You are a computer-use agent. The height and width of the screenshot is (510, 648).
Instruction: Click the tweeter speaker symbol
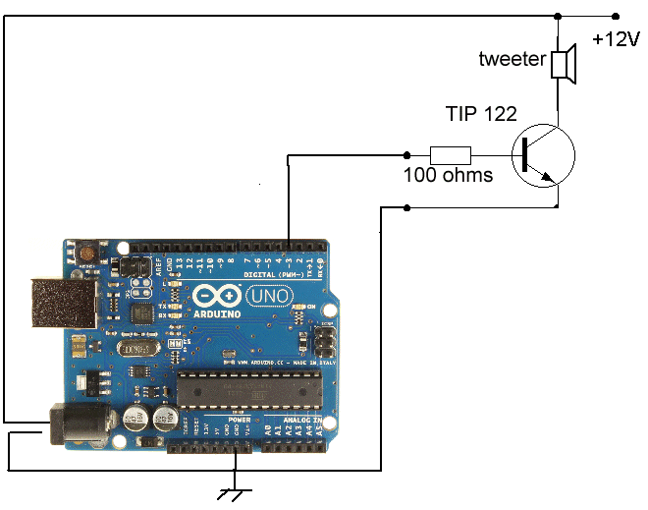(x=563, y=63)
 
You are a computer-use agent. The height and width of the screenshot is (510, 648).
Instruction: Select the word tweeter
(x=512, y=59)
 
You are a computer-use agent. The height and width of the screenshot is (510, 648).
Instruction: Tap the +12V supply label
(x=616, y=40)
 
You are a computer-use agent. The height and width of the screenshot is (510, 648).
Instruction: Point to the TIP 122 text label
(x=481, y=114)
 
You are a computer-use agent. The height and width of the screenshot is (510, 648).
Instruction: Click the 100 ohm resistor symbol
(x=451, y=154)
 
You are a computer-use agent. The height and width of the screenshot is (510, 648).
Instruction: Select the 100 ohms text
(x=448, y=176)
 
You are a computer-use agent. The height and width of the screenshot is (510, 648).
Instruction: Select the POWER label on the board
(x=240, y=420)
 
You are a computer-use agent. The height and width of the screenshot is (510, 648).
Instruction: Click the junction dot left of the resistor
(x=408, y=153)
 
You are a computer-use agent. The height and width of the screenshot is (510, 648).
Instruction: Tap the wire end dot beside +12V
(x=616, y=16)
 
